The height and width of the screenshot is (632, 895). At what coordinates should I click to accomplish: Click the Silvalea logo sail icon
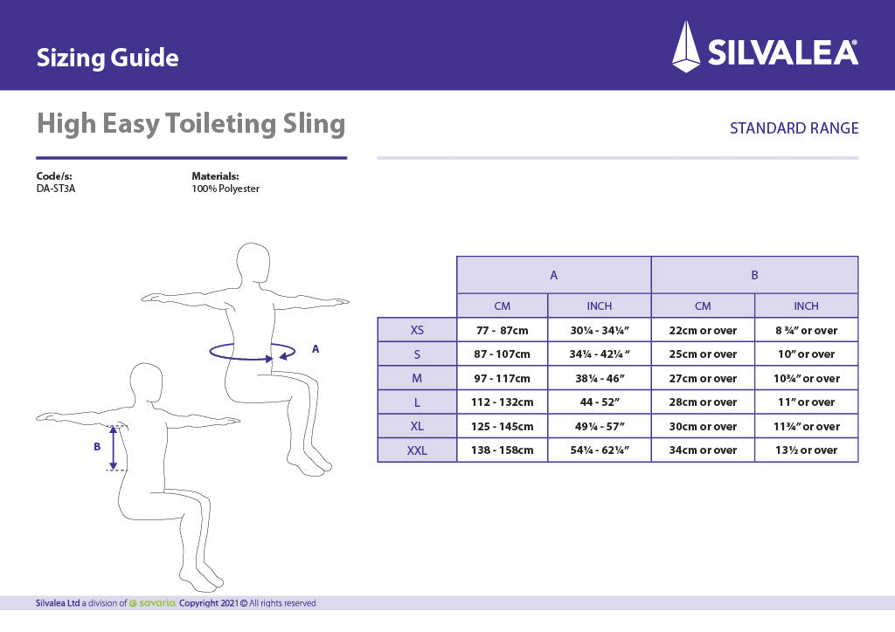pos(686,46)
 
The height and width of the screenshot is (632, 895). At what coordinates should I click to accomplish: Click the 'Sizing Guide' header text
pos(108,58)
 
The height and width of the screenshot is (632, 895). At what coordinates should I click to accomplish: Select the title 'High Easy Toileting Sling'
pos(191,124)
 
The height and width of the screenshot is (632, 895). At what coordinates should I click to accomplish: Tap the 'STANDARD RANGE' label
pos(794,128)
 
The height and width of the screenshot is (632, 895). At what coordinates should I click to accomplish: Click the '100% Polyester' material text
pos(225,189)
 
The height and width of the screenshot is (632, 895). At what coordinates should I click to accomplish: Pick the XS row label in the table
pos(417,330)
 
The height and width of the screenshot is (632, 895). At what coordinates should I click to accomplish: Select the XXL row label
pos(417,450)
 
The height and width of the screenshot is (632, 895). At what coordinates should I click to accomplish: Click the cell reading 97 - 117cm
pos(502,378)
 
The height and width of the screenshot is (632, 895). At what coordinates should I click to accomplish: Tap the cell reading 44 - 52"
pos(599,402)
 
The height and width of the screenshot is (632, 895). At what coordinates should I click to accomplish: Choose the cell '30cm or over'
pos(703,426)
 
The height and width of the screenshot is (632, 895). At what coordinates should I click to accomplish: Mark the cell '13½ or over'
pos(806,450)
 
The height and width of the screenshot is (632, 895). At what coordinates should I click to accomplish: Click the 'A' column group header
pos(553,275)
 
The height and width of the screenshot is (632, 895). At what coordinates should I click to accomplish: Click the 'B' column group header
pos(754,275)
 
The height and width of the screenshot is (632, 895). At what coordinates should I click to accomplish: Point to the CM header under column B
pos(703,306)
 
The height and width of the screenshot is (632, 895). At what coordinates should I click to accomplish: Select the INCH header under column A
pos(599,306)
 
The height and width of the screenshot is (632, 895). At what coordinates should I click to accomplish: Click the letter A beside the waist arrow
pos(316,348)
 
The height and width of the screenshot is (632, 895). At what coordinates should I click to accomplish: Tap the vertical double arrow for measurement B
pos(113,446)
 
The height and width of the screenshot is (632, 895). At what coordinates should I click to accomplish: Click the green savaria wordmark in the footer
pos(156,603)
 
